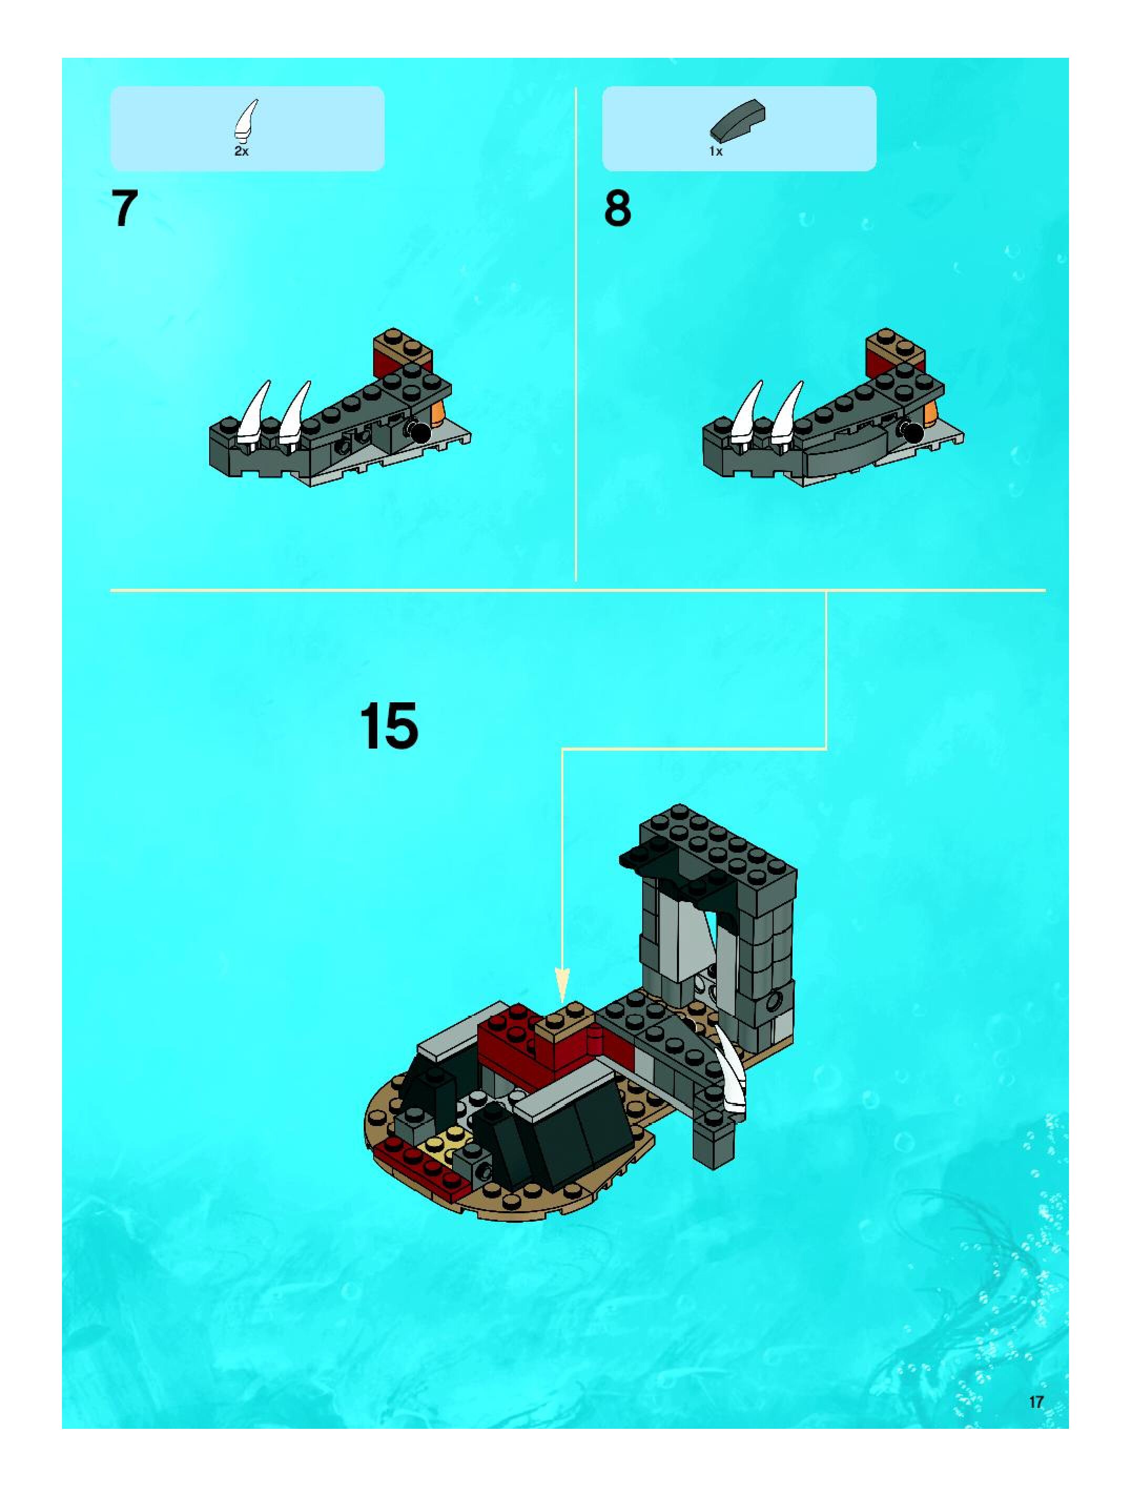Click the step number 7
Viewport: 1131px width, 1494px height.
tap(124, 209)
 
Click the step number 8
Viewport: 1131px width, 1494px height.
tap(617, 209)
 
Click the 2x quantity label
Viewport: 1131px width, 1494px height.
tap(241, 152)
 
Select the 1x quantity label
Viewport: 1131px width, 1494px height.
tap(716, 152)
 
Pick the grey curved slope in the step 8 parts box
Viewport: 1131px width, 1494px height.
tap(738, 122)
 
